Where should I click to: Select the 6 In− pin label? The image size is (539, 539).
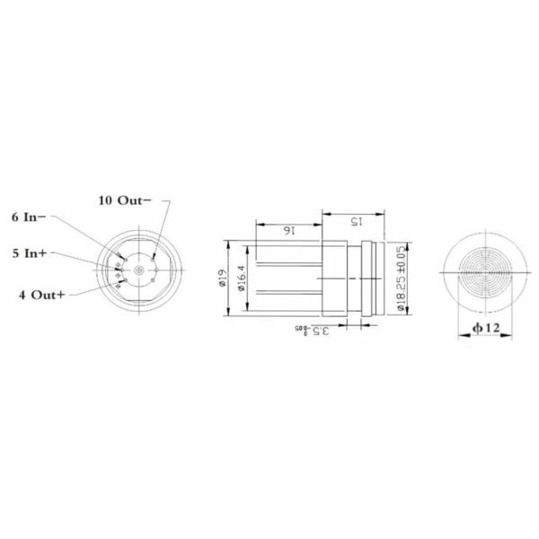pyautogui.click(x=35, y=217)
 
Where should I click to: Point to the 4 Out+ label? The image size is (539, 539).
pyautogui.click(x=41, y=294)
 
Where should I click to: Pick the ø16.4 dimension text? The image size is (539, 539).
pyautogui.click(x=241, y=278)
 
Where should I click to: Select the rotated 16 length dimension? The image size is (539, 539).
pyautogui.click(x=288, y=230)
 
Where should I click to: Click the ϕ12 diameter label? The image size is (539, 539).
pyautogui.click(x=484, y=330)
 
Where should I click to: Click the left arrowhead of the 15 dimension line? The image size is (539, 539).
pyautogui.click(x=323, y=216)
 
